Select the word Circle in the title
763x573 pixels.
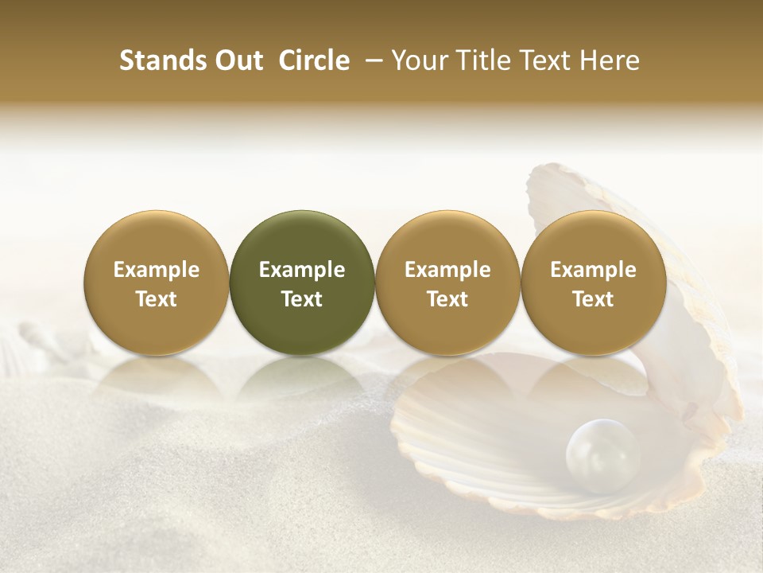click(x=314, y=60)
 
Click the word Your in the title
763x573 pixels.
click(x=417, y=60)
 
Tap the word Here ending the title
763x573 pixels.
click(x=610, y=60)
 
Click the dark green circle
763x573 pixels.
click(x=301, y=239)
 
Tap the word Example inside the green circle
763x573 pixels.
click(x=302, y=270)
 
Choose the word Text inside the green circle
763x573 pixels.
click(x=302, y=299)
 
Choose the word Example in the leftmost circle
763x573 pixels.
click(x=157, y=270)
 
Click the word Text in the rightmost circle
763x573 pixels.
click(x=593, y=299)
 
